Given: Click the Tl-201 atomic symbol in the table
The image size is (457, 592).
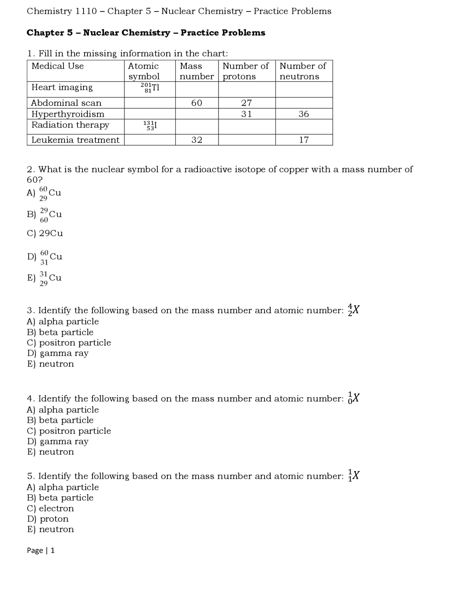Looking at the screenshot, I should pos(150,88).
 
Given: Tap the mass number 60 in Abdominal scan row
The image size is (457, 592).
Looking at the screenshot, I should pos(197,103).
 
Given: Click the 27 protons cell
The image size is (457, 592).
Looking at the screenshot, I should pos(246,103).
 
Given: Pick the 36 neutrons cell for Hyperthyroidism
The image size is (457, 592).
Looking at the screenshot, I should pos(303,114).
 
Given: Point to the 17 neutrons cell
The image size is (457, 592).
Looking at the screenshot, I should pos(303,140).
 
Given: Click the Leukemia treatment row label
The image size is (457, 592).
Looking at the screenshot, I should pos(75,140).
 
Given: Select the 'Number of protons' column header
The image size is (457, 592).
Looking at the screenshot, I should pos(246,71).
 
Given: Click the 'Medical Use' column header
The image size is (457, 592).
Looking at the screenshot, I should pos(57,66).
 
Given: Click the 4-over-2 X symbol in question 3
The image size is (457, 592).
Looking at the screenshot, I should pos(353,310).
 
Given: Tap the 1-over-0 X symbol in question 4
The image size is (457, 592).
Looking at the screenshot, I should pos(353,398).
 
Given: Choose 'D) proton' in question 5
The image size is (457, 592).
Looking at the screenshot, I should pos(48,519).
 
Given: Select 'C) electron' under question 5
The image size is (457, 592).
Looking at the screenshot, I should pos(50,508).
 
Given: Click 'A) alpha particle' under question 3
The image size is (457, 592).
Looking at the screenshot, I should pos(63,321).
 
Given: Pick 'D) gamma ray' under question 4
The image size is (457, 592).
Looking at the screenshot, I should pos(58,441).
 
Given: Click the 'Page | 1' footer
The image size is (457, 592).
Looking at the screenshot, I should pos(41,550).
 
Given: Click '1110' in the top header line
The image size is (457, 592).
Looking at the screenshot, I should pos(86,11).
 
